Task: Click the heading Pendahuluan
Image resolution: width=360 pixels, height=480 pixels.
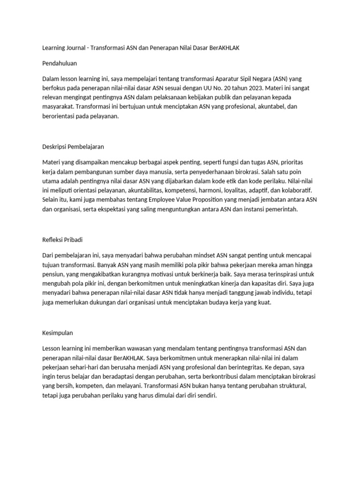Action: tap(60, 63)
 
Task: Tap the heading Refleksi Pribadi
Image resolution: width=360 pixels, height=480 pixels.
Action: tap(62, 240)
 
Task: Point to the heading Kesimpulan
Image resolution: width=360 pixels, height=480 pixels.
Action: tap(58, 333)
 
